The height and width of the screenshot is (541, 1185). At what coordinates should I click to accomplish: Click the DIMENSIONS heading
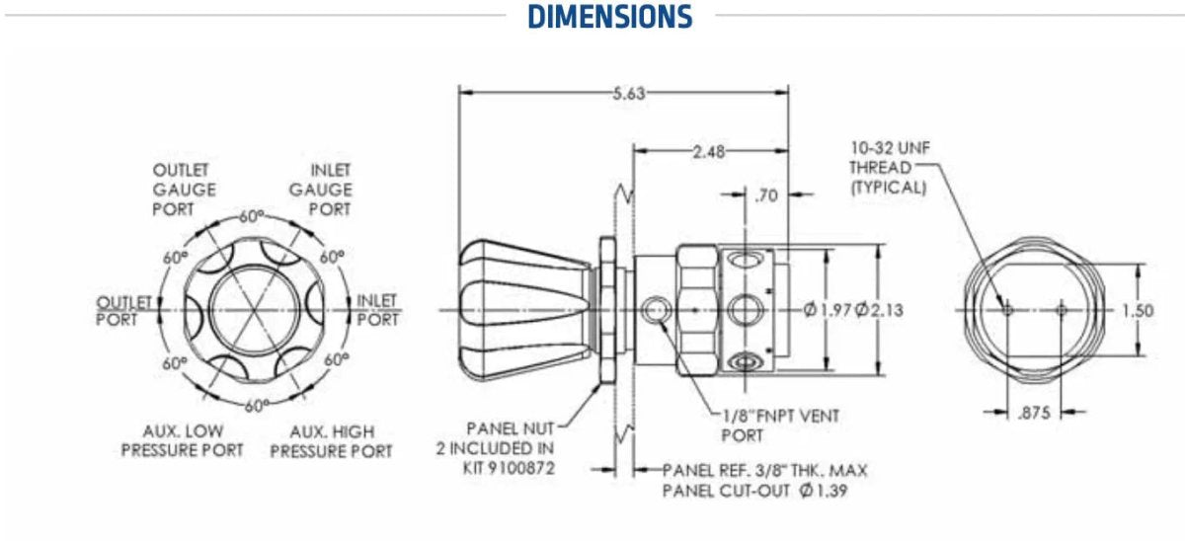pyautogui.click(x=609, y=17)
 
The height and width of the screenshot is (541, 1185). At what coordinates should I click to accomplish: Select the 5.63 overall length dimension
pyautogui.click(x=629, y=93)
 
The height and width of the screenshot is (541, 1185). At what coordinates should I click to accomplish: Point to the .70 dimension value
pyautogui.click(x=765, y=195)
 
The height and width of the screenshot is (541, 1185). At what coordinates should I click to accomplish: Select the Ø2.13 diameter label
pyautogui.click(x=878, y=310)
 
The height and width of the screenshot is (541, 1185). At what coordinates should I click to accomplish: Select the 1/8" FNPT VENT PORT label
pyautogui.click(x=780, y=425)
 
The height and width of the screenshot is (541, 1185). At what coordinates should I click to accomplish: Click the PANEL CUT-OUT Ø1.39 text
pyautogui.click(x=754, y=491)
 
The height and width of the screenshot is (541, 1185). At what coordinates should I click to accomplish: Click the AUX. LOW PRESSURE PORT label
pyautogui.click(x=182, y=441)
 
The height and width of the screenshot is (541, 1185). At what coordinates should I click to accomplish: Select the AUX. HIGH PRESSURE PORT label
pyautogui.click(x=331, y=441)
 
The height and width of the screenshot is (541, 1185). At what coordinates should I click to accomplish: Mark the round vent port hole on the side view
pyautogui.click(x=654, y=311)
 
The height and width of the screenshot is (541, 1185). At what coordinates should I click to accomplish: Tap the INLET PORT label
pyautogui.click(x=377, y=309)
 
